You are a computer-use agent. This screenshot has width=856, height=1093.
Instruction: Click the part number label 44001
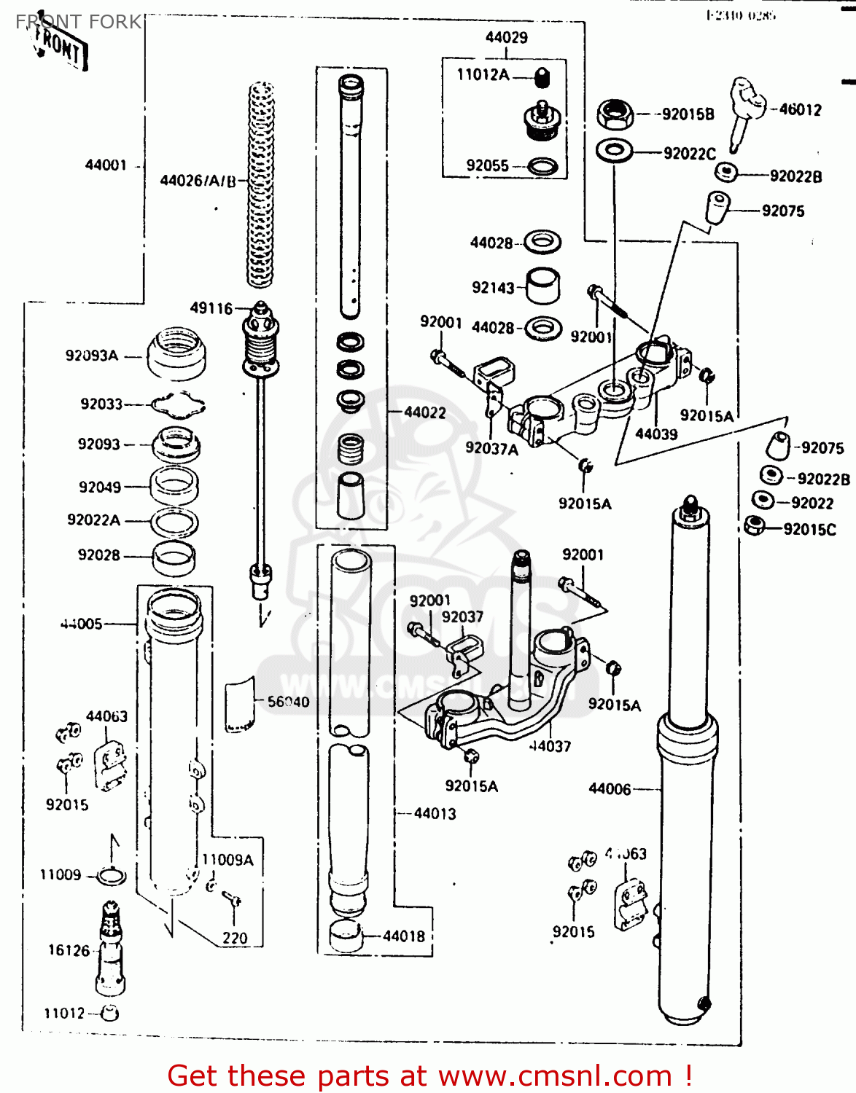point(106,165)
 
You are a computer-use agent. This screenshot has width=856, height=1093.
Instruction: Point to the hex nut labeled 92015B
point(614,114)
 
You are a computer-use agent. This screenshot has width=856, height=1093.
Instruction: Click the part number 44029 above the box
point(506,37)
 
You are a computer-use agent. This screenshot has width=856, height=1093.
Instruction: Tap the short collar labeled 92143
point(542,286)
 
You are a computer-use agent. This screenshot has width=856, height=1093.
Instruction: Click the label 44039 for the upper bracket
point(656,434)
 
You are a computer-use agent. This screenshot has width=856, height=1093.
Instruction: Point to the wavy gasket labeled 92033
point(177,404)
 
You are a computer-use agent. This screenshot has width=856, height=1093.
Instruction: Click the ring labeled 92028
point(174,557)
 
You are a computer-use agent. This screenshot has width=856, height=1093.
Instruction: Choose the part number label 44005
point(82,624)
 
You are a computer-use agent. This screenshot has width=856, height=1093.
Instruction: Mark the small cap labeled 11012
point(110,1012)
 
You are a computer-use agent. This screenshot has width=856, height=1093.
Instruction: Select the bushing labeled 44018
point(346,936)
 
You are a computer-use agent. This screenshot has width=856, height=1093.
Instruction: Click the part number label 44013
point(435,814)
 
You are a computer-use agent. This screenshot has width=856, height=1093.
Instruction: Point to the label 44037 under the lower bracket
point(550,746)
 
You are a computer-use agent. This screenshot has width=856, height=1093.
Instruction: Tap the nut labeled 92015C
point(754,525)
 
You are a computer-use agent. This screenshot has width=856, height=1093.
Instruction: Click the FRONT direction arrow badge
point(61,48)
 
